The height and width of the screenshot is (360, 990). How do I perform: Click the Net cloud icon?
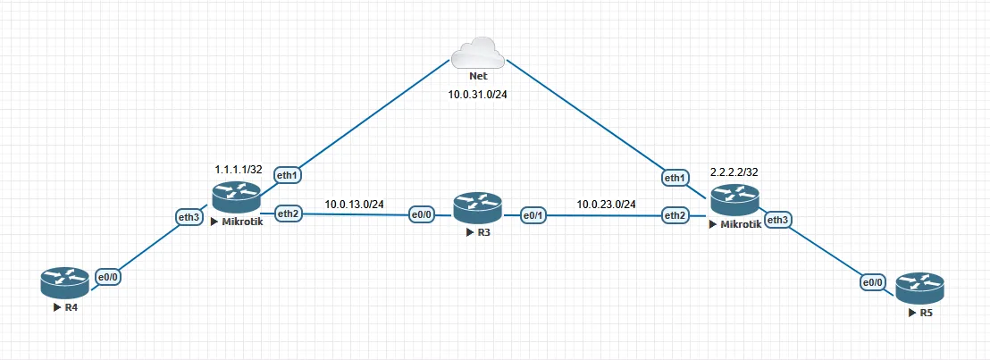click(x=477, y=54)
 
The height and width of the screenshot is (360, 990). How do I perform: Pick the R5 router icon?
click(x=919, y=288)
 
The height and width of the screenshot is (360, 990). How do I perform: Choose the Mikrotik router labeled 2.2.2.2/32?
click(x=735, y=201)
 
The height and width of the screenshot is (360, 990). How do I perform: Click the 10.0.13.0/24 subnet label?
click(x=354, y=204)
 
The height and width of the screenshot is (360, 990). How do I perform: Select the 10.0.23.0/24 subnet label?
click(x=606, y=205)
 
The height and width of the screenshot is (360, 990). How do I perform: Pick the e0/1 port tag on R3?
click(x=534, y=214)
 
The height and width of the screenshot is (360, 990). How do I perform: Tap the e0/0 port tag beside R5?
click(x=873, y=283)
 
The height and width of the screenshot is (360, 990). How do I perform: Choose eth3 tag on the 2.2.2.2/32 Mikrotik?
click(x=779, y=220)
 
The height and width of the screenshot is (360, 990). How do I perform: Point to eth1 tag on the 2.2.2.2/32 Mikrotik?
click(x=675, y=178)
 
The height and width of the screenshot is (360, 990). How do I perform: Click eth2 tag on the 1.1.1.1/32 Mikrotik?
click(x=288, y=213)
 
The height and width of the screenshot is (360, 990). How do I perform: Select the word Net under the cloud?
click(x=477, y=77)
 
